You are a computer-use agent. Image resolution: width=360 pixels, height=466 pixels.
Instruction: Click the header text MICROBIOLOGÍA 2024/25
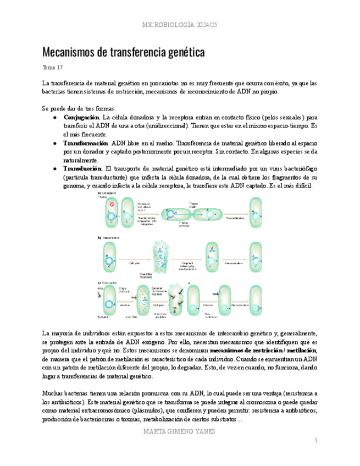click(180, 25)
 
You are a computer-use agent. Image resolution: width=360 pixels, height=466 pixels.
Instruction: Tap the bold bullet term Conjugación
click(81, 118)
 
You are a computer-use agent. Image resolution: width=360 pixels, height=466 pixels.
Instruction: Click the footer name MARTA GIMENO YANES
click(180, 431)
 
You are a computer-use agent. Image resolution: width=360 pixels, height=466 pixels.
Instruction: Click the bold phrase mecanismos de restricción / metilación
click(263, 350)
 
